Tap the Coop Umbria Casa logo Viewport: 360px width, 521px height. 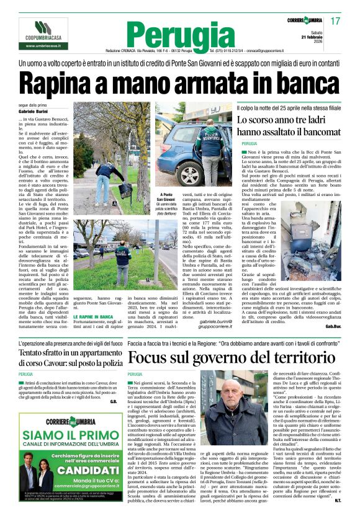(x=42, y=31)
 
